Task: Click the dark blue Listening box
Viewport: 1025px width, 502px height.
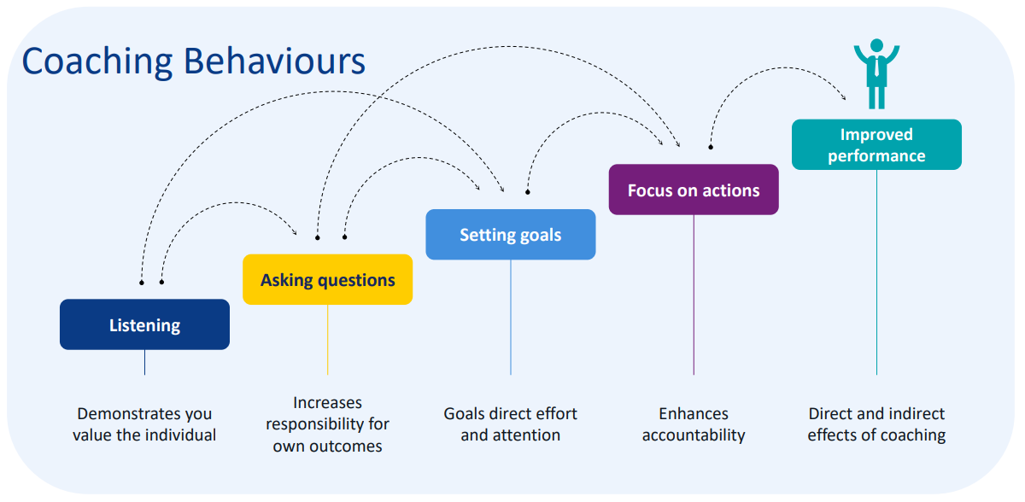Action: click(144, 324)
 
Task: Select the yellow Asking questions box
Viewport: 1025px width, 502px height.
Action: click(327, 279)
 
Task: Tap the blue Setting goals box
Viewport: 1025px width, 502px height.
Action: click(510, 235)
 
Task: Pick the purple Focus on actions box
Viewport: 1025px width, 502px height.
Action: click(693, 190)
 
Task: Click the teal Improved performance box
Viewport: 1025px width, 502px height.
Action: click(876, 144)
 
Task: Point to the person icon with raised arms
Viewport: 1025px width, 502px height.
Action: click(876, 73)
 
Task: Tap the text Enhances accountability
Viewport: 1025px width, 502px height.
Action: click(693, 424)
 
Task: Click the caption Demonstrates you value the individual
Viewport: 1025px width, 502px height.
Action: click(144, 424)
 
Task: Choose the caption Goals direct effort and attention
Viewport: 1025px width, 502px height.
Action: click(510, 424)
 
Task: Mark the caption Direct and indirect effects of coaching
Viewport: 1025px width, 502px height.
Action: click(876, 424)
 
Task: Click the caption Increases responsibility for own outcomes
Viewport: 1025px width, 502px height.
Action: click(327, 424)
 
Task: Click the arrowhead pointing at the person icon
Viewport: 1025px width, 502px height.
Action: click(843, 96)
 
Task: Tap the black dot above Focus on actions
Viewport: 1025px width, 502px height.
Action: click(710, 148)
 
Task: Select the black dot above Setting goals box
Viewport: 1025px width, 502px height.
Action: click(527, 191)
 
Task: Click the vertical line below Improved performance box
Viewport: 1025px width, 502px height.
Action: click(876, 273)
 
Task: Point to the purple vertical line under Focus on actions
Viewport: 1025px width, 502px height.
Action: click(694, 295)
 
